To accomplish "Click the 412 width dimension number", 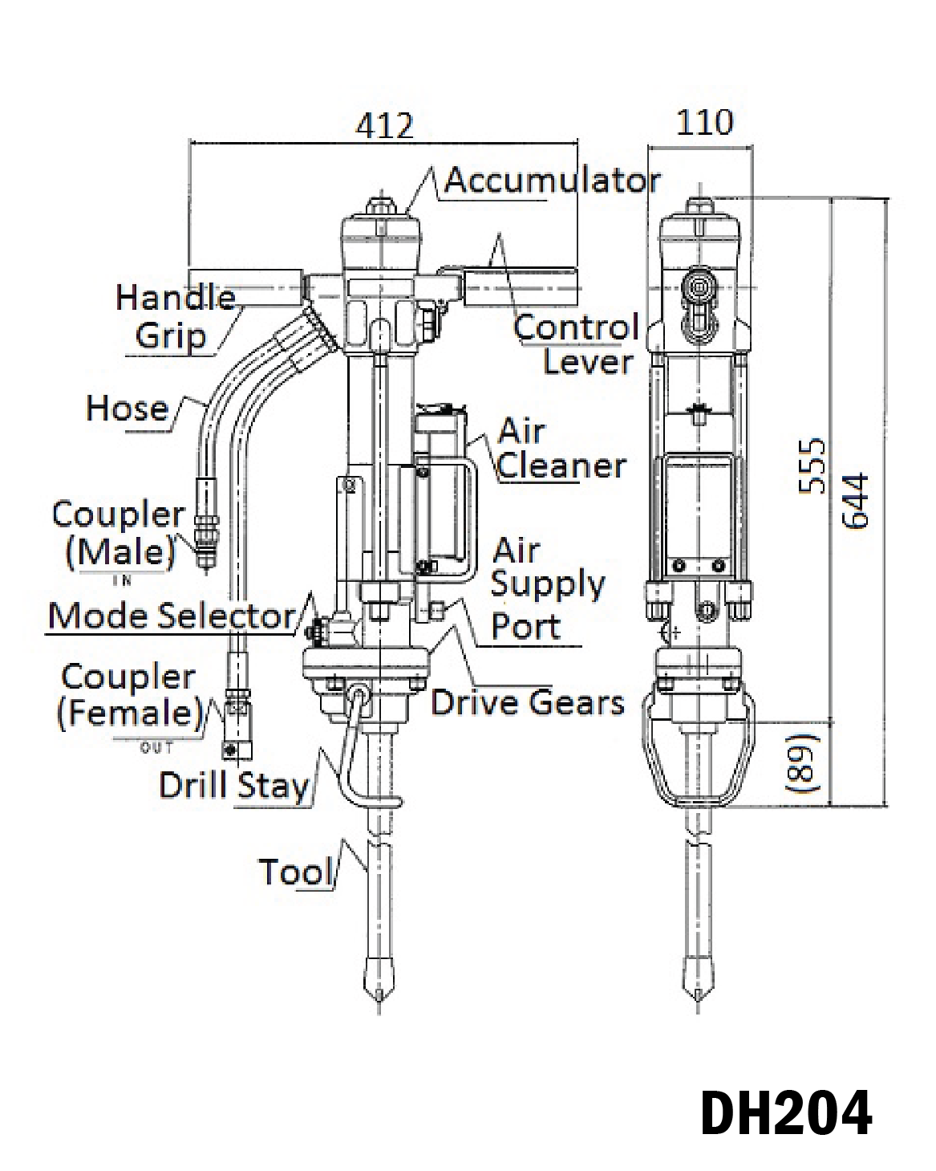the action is tap(384, 126).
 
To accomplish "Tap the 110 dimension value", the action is tap(704, 122).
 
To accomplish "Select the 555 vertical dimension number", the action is tap(812, 466).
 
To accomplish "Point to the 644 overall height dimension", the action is tap(856, 501).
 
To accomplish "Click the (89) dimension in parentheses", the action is tap(804, 762).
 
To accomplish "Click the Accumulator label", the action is tap(552, 180).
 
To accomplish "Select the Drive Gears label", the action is tap(527, 702).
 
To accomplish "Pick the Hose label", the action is tap(128, 408).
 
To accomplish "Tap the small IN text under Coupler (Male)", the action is tap(123, 581).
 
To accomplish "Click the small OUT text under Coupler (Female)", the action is tap(157, 748).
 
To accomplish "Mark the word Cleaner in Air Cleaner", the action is tap(561, 466).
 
